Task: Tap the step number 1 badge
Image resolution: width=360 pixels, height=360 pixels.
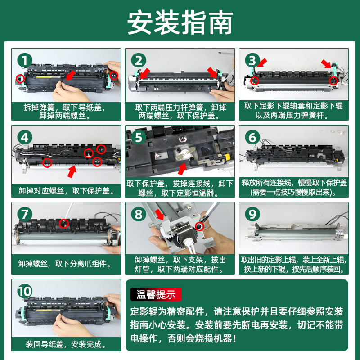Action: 25,61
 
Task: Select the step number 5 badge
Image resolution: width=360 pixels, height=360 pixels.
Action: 139,138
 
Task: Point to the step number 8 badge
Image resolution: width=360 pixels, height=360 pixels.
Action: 139,215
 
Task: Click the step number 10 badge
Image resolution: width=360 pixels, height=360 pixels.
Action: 25,291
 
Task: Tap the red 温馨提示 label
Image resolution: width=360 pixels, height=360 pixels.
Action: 156,294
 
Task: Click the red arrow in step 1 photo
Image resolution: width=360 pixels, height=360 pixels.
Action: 71,75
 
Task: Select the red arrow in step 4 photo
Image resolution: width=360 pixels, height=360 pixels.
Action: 72,171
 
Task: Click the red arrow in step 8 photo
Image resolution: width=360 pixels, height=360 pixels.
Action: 160,215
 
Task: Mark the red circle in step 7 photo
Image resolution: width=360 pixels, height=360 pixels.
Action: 64,223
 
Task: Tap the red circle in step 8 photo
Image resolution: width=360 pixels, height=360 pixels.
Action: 199,227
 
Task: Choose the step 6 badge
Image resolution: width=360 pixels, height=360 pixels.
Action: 252,138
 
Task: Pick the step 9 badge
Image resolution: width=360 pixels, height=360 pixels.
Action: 252,215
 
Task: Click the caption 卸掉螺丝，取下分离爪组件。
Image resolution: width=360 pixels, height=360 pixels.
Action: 65,264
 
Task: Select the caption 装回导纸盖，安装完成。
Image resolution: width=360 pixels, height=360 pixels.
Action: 66,344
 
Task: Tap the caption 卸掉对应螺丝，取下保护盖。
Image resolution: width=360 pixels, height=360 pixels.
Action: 66,191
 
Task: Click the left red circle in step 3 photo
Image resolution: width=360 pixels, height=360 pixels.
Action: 254,81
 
